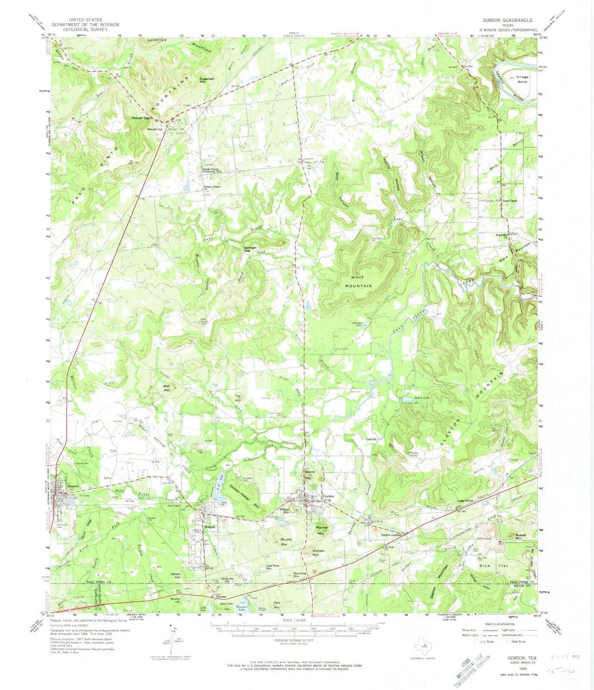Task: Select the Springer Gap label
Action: (250, 249)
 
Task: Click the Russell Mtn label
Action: (520, 536)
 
